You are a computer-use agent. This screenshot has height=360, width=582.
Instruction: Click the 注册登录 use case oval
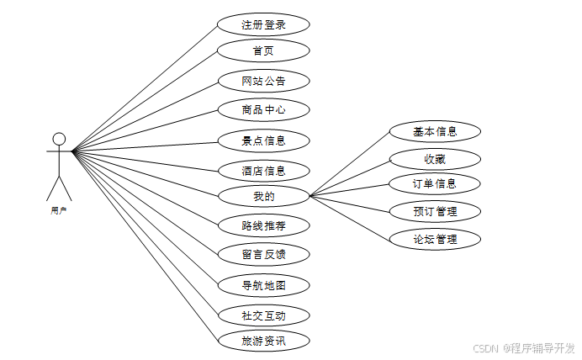pos(263,25)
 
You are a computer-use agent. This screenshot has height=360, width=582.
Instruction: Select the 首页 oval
pos(263,50)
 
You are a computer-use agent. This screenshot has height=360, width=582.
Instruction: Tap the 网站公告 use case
pos(263,82)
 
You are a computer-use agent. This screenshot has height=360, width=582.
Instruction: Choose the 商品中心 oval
pos(263,109)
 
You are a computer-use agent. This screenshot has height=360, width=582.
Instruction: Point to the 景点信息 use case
pos(263,140)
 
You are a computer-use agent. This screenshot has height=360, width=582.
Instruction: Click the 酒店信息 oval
pos(263,171)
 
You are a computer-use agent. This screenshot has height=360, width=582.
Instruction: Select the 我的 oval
pos(263,197)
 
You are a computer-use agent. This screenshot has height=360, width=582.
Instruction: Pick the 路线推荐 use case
pos(263,225)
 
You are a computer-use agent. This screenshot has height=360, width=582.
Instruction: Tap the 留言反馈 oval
pos(263,254)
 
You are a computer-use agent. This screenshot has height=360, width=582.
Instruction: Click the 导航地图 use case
pos(263,285)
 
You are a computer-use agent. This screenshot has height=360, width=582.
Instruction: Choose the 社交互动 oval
pos(263,315)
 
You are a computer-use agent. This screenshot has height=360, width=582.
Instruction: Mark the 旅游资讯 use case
pos(263,341)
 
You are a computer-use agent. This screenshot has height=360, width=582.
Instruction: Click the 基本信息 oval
pos(435,131)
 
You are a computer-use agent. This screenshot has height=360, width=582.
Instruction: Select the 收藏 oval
pos(435,158)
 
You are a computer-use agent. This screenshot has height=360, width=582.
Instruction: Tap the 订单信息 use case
pos(435,183)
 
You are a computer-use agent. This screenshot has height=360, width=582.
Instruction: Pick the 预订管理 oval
pos(435,210)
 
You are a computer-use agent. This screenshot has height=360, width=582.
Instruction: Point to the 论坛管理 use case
pos(435,239)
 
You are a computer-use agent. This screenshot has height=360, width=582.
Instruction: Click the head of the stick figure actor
pos(59,139)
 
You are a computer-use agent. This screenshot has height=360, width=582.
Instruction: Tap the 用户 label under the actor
pos(59,211)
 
